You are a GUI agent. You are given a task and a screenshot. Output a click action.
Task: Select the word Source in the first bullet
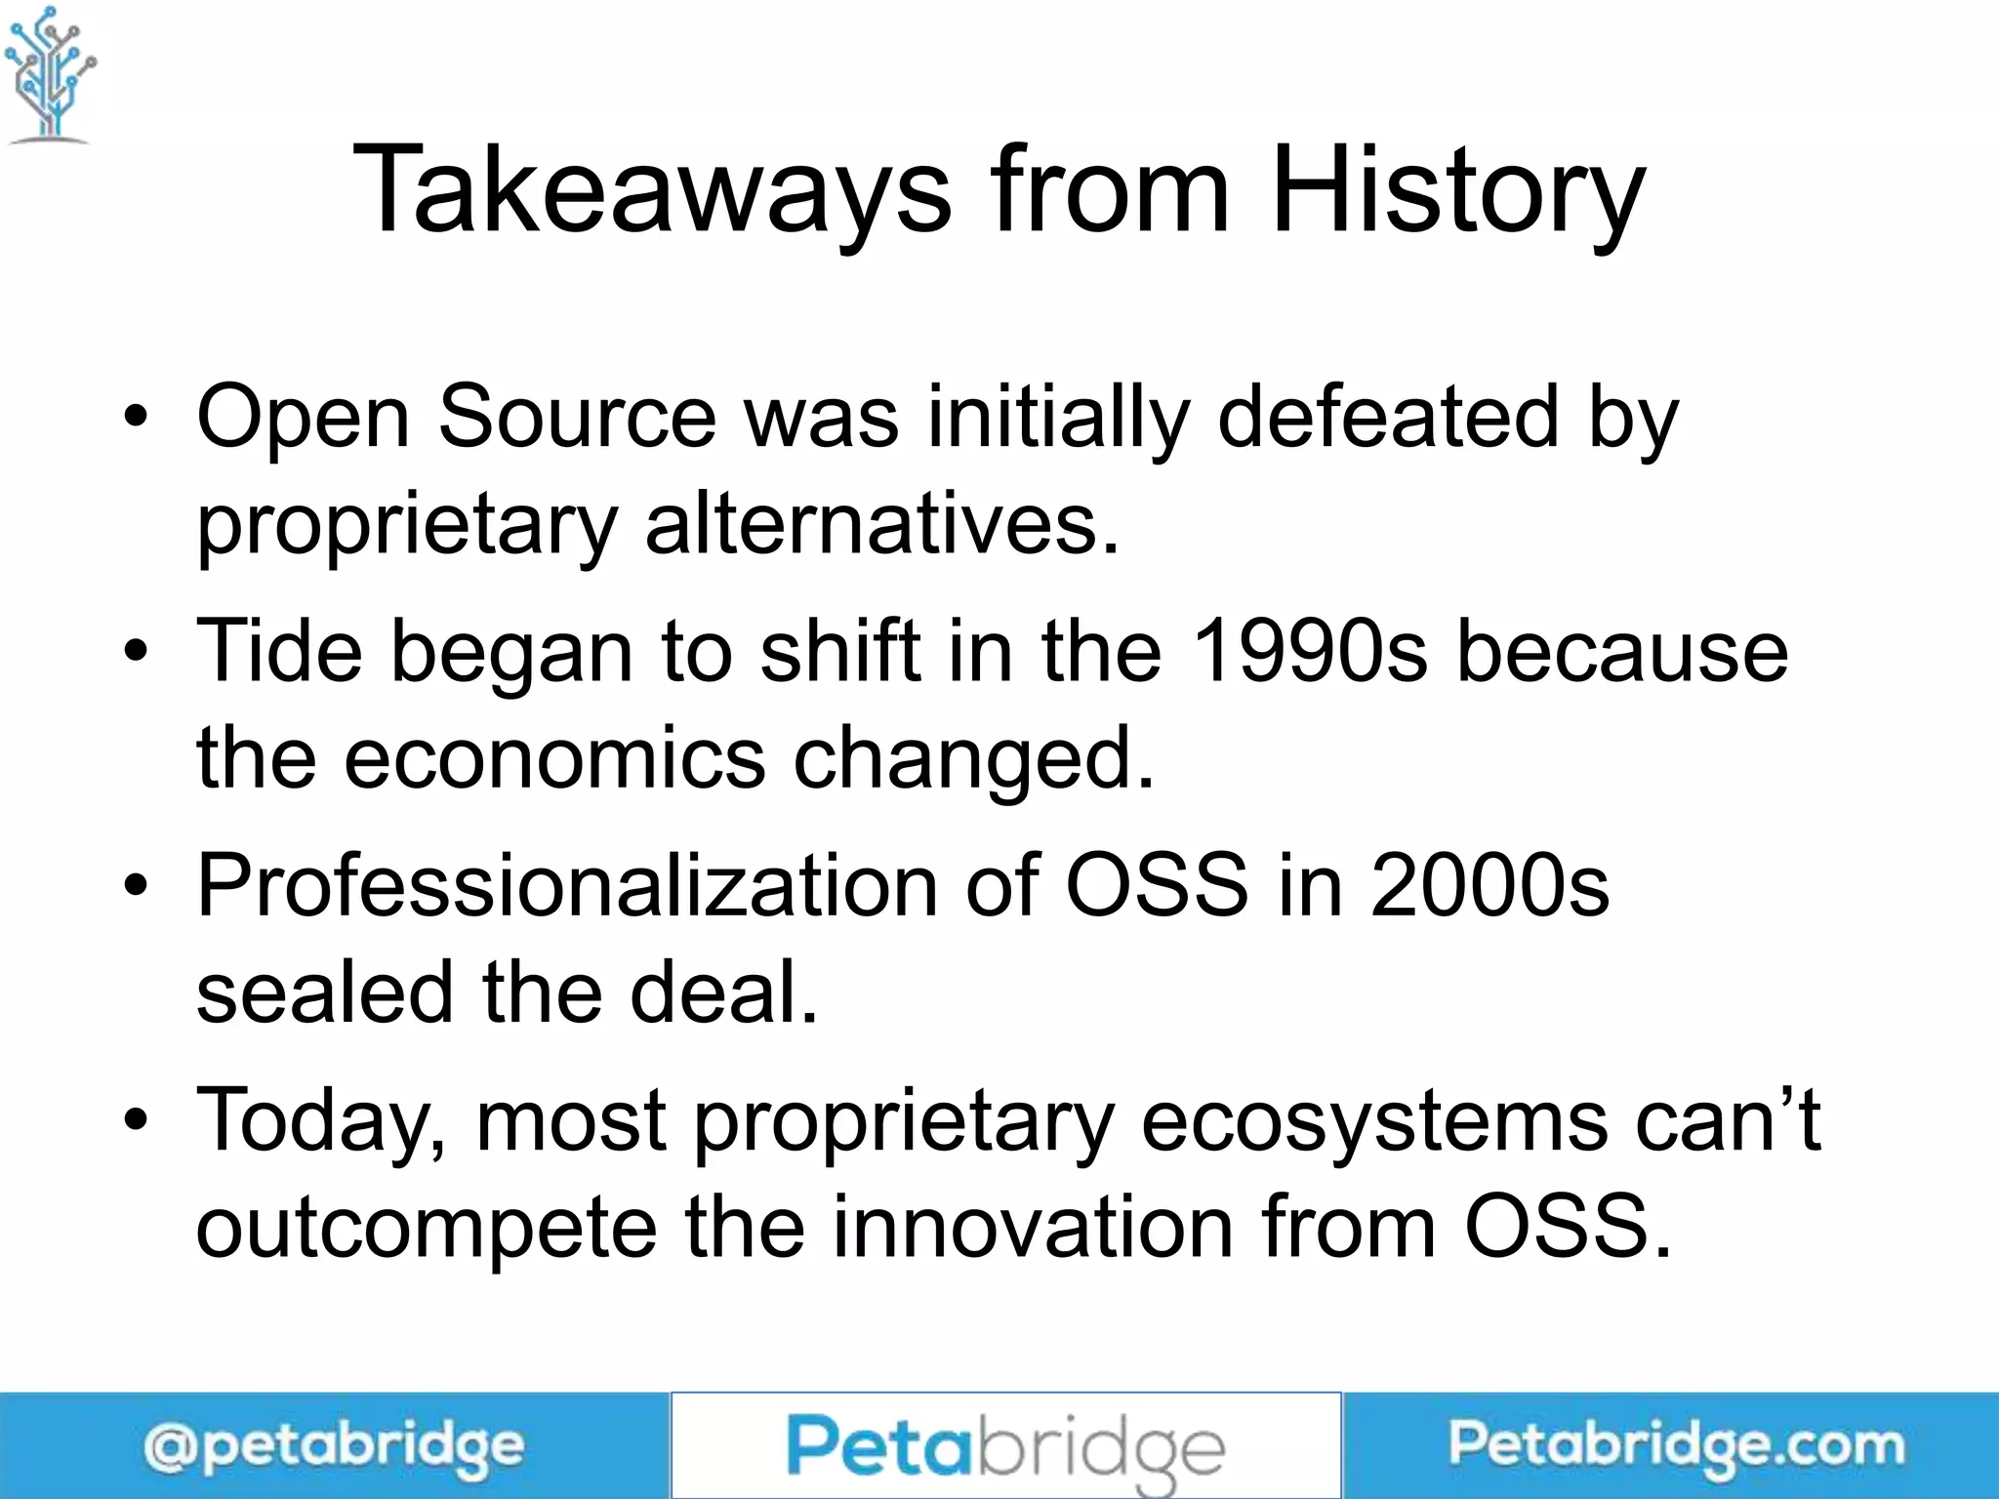(x=577, y=417)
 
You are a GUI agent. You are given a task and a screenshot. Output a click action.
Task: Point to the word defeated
(x=1388, y=417)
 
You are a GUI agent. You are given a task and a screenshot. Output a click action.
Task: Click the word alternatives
(x=881, y=524)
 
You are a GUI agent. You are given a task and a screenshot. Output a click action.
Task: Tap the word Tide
(x=279, y=651)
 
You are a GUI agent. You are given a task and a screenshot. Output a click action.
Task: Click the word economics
(x=554, y=758)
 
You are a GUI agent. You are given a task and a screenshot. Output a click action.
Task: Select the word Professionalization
(x=567, y=885)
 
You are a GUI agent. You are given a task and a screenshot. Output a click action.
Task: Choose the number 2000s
(x=1489, y=885)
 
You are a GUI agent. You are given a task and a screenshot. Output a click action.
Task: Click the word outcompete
(x=427, y=1228)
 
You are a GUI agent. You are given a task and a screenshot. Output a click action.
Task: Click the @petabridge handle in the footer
(x=334, y=1446)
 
